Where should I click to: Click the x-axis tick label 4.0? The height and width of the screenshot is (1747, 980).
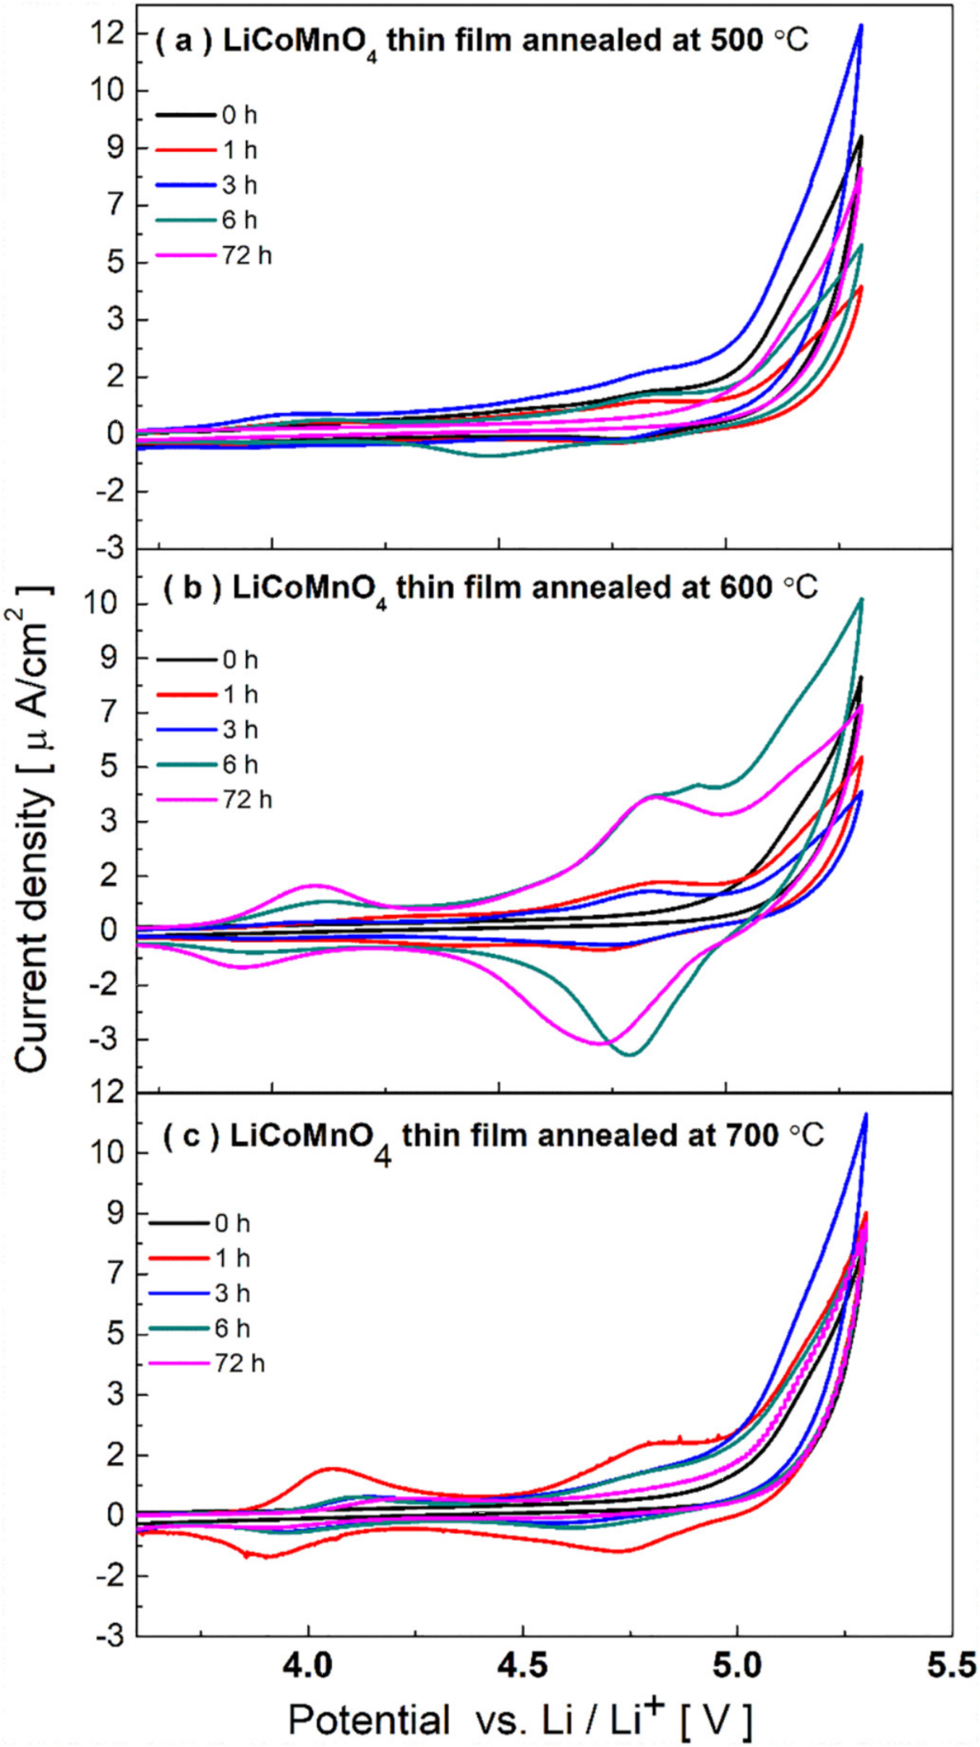[x=308, y=1665]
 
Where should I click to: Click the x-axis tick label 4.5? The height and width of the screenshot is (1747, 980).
[x=522, y=1665]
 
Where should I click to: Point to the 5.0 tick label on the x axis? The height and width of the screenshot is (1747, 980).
[x=736, y=1665]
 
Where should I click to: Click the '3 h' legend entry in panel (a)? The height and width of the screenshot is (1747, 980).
[x=239, y=185]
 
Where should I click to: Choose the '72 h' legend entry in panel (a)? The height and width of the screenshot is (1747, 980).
[x=247, y=255]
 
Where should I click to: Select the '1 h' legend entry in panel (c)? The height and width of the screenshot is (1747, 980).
[x=232, y=1258]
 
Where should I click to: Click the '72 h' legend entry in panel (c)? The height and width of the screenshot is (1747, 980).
[x=239, y=1364]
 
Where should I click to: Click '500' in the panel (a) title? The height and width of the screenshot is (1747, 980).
[x=736, y=40]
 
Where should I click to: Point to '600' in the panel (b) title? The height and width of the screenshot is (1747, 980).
[x=746, y=587]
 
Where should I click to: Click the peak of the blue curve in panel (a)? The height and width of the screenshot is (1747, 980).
[x=861, y=25]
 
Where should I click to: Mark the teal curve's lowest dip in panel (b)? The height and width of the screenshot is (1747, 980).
[x=630, y=1055]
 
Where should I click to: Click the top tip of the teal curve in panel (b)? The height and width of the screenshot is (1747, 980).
[x=861, y=599]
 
